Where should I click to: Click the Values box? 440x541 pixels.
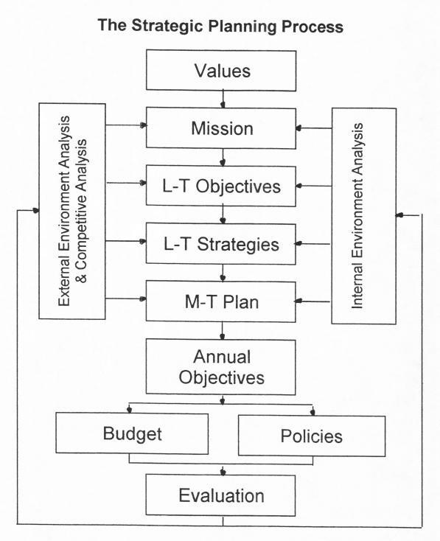pyautogui.click(x=221, y=70)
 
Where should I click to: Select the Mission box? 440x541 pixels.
pyautogui.click(x=221, y=128)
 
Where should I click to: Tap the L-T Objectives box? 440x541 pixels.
pyautogui.click(x=221, y=186)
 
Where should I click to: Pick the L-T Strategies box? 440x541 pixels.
pyautogui.click(x=221, y=244)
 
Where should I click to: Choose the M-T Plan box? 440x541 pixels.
pyautogui.click(x=221, y=301)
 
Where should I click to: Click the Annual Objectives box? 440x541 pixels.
pyautogui.click(x=221, y=367)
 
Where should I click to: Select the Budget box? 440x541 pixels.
pyautogui.click(x=132, y=433)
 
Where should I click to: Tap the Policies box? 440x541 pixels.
pyautogui.click(x=312, y=436)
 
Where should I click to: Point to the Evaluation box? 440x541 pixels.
pyautogui.click(x=221, y=495)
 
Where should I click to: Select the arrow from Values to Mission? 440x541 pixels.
pyautogui.click(x=223, y=100)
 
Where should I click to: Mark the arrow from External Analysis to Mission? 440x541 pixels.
pyautogui.click(x=126, y=125)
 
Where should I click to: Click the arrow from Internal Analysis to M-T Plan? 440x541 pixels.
pyautogui.click(x=313, y=301)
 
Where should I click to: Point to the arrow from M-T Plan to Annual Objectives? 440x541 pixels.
pyautogui.click(x=223, y=331)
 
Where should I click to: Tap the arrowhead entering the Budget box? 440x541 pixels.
pyautogui.click(x=130, y=410)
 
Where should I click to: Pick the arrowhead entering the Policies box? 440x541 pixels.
pyautogui.click(x=312, y=411)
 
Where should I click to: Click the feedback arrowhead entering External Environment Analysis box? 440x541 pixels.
pyautogui.click(x=35, y=210)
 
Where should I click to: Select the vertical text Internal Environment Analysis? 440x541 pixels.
pyautogui.click(x=357, y=216)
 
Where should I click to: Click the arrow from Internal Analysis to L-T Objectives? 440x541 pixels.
pyautogui.click(x=314, y=186)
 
